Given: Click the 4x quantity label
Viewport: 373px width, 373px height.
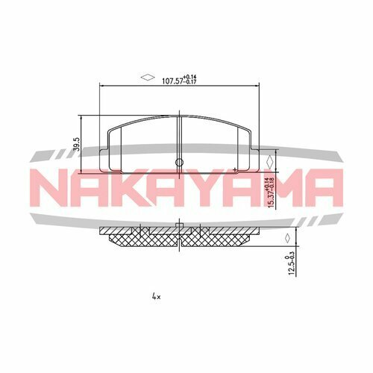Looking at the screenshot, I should (156, 296).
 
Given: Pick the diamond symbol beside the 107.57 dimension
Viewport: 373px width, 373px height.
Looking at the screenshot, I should (146, 76).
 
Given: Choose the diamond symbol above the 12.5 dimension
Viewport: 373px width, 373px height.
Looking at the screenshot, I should (286, 237).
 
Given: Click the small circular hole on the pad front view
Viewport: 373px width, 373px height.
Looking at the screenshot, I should (178, 163).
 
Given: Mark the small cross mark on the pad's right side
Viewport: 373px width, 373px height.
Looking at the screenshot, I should (236, 171).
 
